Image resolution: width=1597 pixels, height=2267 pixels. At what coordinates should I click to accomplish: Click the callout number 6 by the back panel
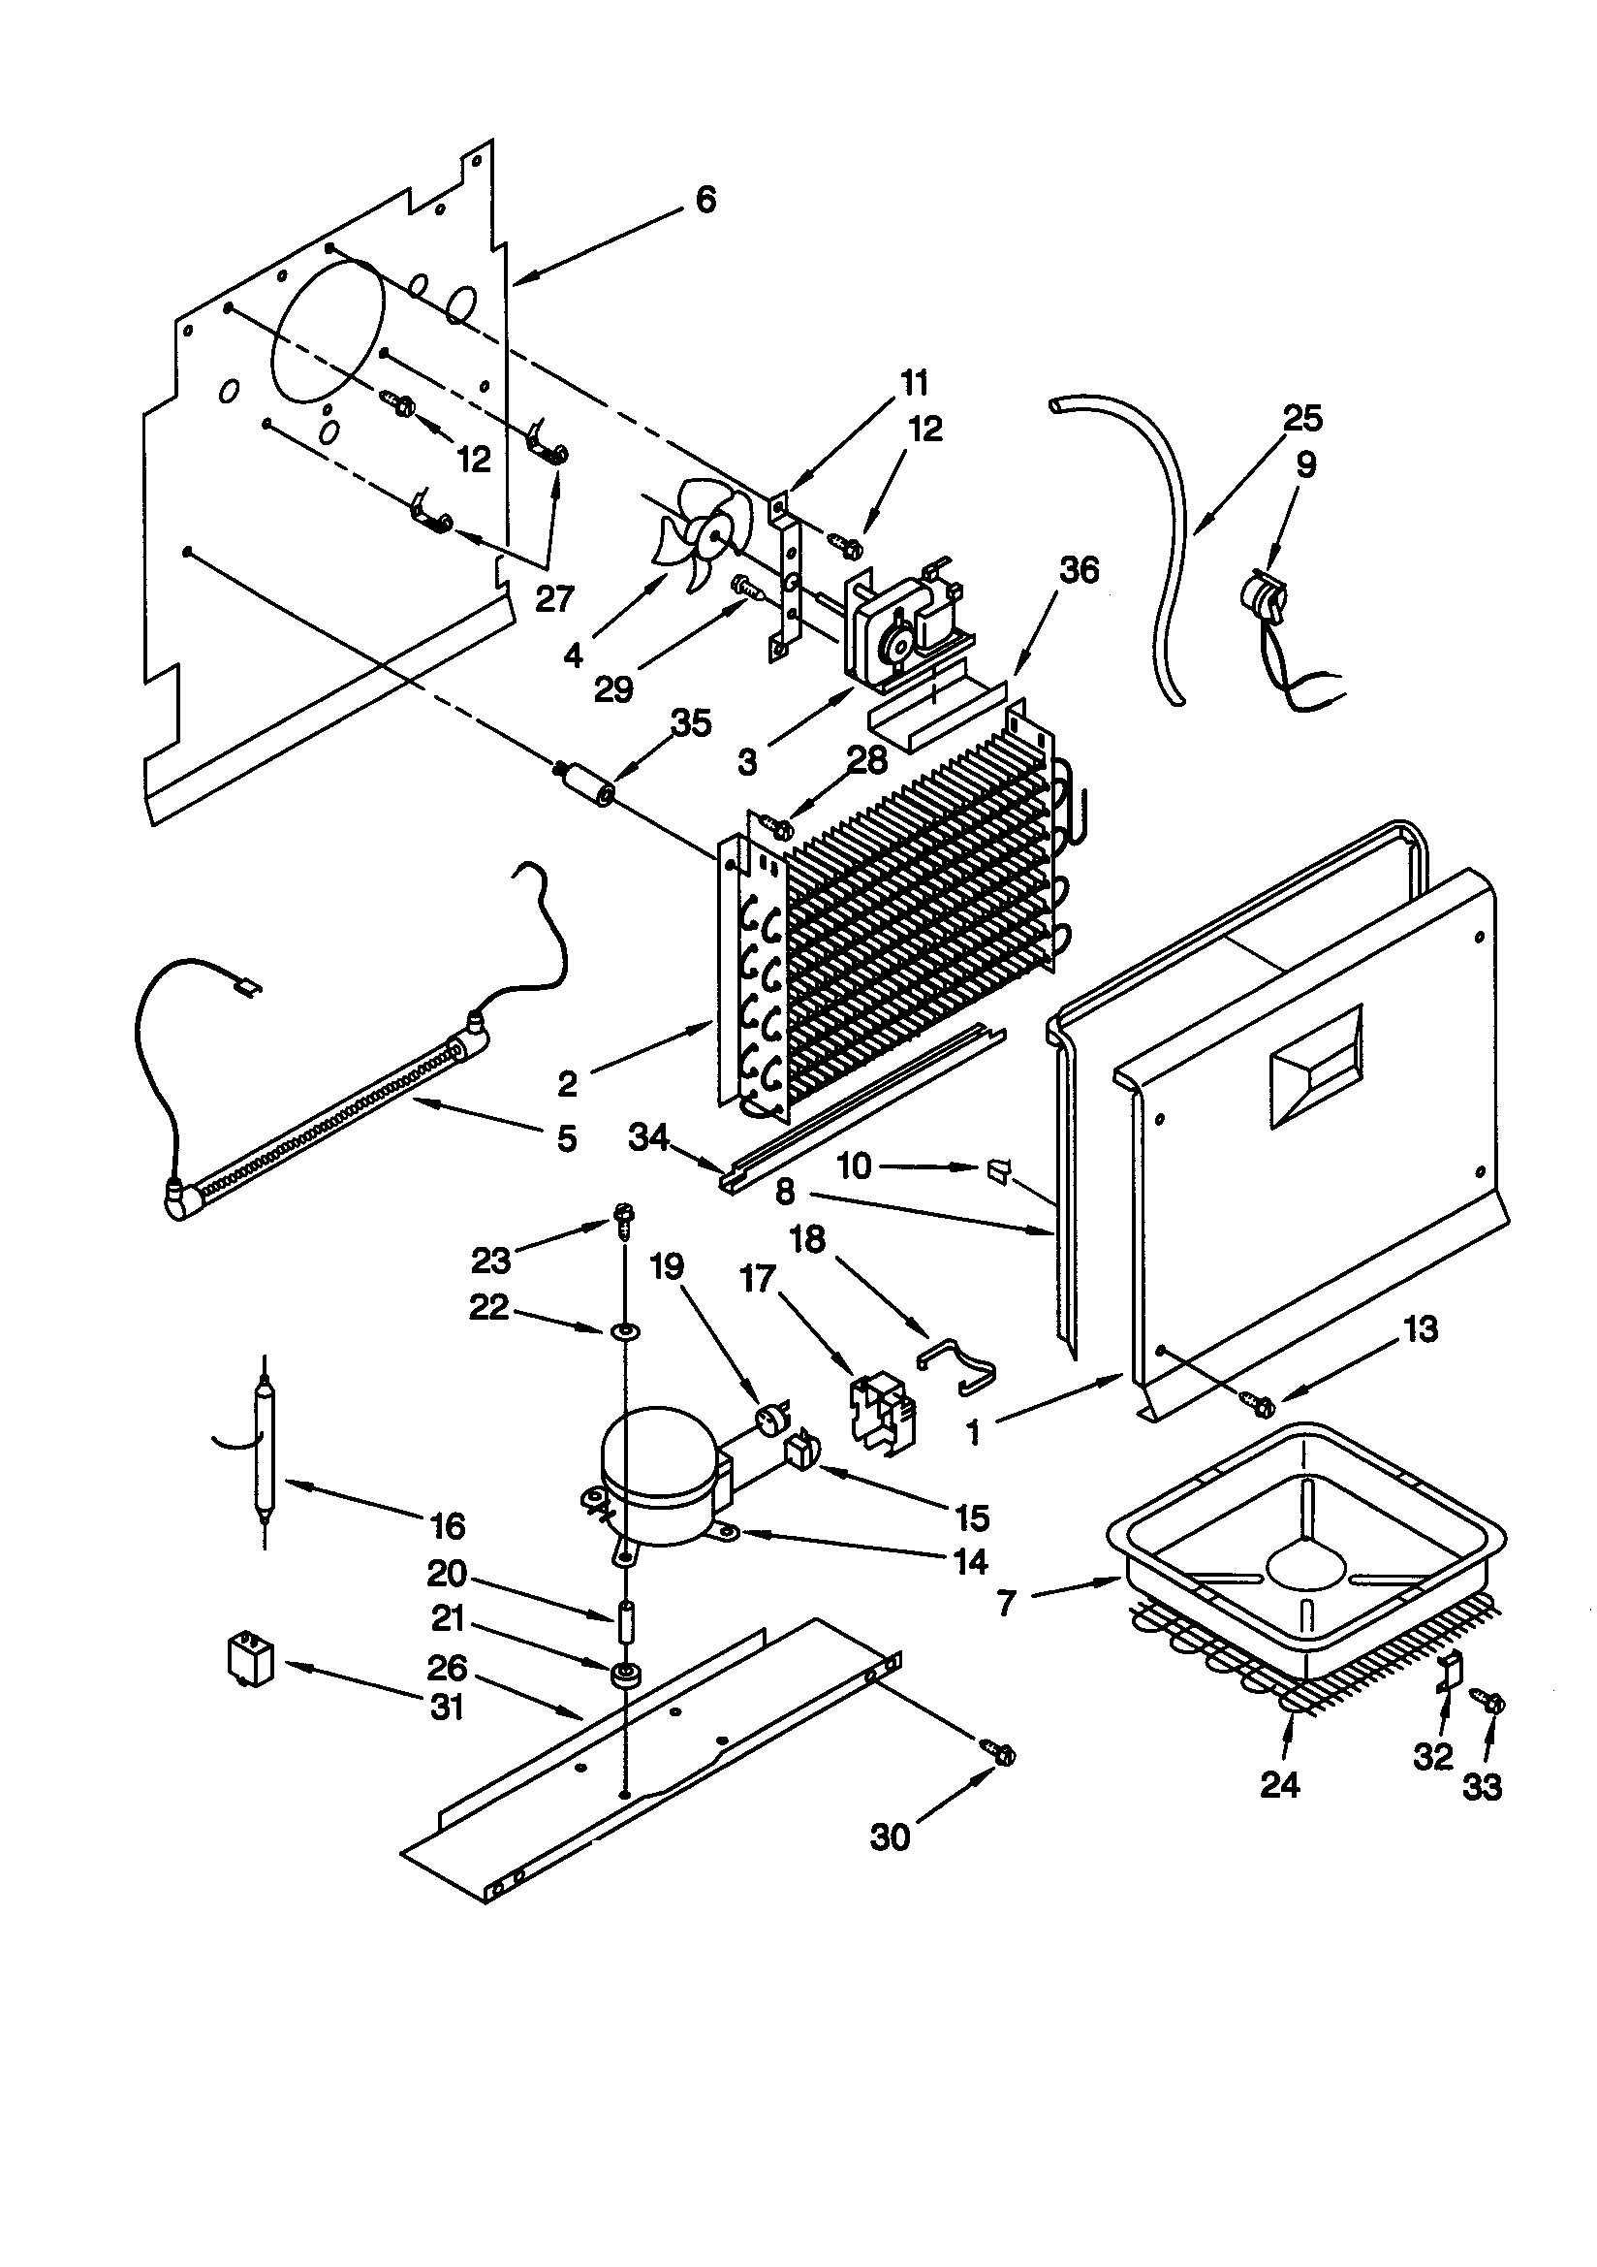click(x=705, y=200)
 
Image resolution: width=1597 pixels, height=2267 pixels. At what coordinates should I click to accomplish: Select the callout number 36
click(x=1078, y=570)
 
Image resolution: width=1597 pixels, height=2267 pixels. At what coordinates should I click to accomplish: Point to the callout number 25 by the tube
click(x=1301, y=418)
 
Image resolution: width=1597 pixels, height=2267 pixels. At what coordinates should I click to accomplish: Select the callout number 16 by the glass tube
click(x=447, y=1525)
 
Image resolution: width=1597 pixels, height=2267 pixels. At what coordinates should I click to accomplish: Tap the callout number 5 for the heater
click(x=566, y=1137)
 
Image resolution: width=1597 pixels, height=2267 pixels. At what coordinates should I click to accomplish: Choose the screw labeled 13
click(x=1261, y=1401)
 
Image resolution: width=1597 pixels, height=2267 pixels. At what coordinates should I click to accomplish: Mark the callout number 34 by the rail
click(x=648, y=1137)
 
